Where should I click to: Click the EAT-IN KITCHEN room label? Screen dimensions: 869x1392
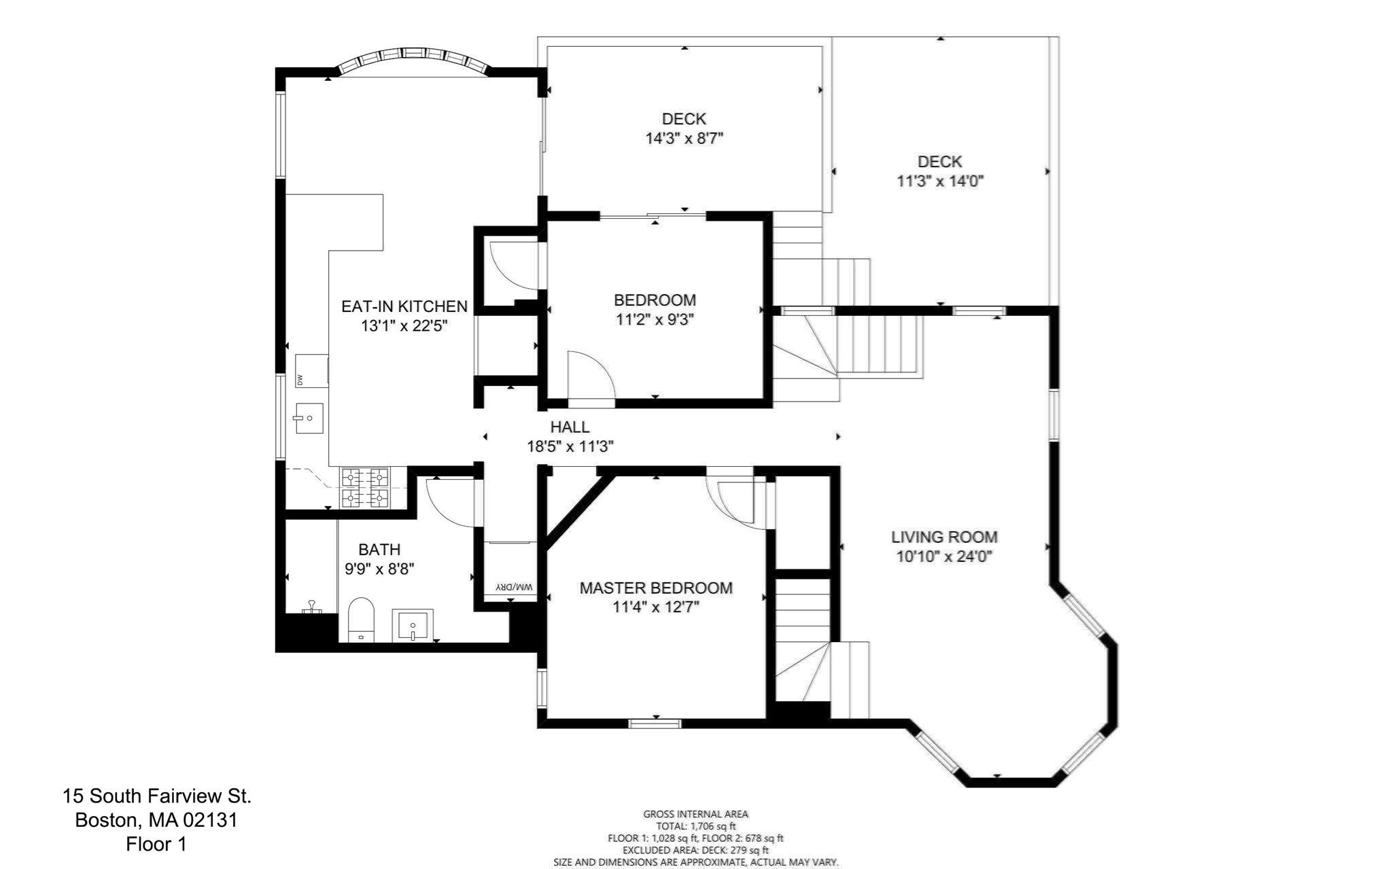(x=404, y=306)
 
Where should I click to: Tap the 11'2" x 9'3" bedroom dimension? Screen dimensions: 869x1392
(x=655, y=319)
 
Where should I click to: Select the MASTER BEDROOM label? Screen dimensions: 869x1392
(x=655, y=588)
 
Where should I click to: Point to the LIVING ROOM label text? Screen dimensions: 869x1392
(x=944, y=537)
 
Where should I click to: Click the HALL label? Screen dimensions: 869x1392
(x=570, y=427)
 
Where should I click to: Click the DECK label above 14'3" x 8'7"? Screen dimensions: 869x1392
(x=684, y=119)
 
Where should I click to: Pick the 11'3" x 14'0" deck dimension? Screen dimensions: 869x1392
(x=940, y=181)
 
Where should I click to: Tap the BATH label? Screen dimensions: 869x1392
(x=379, y=549)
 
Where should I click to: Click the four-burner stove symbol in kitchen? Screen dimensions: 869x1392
(x=365, y=488)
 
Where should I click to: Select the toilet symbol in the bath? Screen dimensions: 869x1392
(x=361, y=620)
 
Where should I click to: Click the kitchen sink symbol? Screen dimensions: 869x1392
(x=309, y=418)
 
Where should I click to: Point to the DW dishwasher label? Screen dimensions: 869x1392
(x=300, y=378)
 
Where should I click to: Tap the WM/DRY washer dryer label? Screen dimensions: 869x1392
(x=514, y=586)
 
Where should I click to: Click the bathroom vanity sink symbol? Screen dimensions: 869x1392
(x=412, y=626)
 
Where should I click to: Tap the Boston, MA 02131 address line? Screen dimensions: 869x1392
(x=156, y=820)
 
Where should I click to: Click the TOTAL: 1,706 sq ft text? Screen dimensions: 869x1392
(x=695, y=826)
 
